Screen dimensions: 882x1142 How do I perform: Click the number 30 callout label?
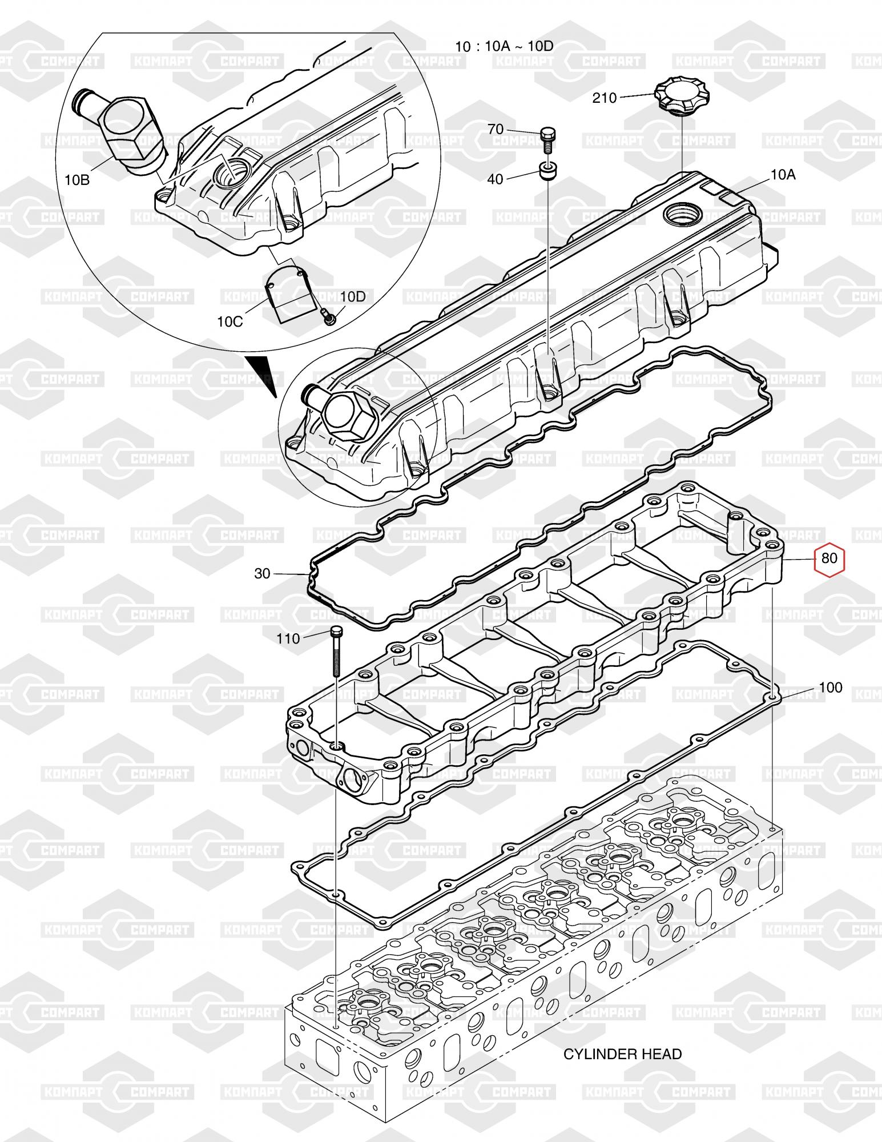coord(262,573)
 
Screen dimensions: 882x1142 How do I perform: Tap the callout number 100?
coord(830,687)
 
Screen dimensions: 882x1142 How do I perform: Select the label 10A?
coord(783,175)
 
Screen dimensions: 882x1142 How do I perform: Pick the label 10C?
coord(230,321)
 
